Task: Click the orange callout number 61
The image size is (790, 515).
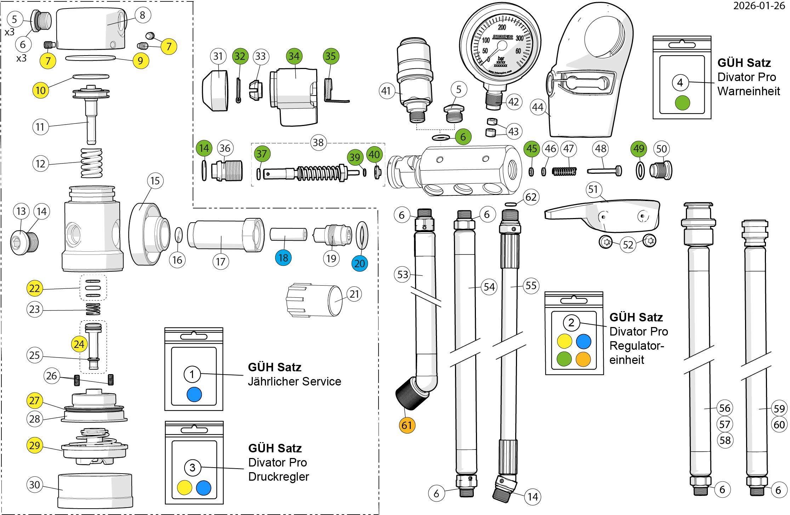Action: tap(407, 425)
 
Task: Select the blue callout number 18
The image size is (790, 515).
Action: tap(283, 258)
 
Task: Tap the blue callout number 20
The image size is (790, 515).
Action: tap(359, 263)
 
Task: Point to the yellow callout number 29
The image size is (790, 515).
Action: tap(35, 445)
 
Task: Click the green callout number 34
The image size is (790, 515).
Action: tap(294, 56)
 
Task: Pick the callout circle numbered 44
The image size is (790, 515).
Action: tap(538, 107)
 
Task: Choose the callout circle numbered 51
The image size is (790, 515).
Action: tap(593, 190)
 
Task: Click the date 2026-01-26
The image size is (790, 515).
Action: tap(758, 6)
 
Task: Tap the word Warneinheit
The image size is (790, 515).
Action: tap(749, 91)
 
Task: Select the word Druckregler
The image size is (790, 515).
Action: tap(278, 476)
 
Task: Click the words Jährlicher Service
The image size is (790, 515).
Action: tap(294, 381)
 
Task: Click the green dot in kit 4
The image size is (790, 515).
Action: tap(682, 103)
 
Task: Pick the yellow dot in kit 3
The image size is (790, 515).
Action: tap(184, 487)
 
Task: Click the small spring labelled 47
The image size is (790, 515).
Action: tap(565, 171)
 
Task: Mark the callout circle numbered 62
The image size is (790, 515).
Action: tap(531, 197)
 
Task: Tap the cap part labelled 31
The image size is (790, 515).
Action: tap(215, 90)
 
